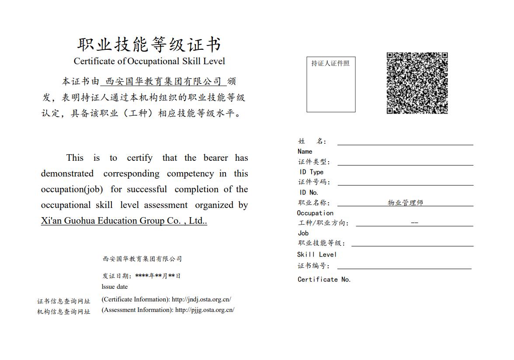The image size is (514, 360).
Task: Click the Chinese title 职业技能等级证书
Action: pyautogui.click(x=149, y=45)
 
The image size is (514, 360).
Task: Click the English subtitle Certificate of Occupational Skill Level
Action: pyautogui.click(x=149, y=61)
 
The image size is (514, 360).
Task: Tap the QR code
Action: pyautogui.click(x=417, y=83)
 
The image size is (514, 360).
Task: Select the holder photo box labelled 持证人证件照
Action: pyautogui.click(x=331, y=84)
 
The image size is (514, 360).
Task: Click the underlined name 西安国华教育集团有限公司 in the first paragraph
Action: pyautogui.click(x=163, y=82)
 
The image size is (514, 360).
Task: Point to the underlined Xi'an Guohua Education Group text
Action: pyautogui.click(x=124, y=221)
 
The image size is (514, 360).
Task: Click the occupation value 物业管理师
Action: pyautogui.click(x=405, y=203)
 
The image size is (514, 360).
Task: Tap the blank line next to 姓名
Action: pyautogui.click(x=405, y=142)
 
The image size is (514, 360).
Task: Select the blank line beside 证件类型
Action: pyautogui.click(x=405, y=163)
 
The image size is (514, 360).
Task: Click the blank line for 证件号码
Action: pyautogui.click(x=405, y=183)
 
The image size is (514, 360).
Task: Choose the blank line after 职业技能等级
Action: pyautogui.click(x=412, y=244)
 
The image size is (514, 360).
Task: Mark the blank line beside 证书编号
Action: pyautogui.click(x=404, y=267)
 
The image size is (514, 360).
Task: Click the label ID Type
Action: pyautogui.click(x=311, y=172)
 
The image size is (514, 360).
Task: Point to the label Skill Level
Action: pyautogui.click(x=317, y=254)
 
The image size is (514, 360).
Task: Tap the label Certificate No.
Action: pyautogui.click(x=324, y=280)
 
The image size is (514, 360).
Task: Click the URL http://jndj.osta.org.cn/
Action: pyautogui.click(x=201, y=300)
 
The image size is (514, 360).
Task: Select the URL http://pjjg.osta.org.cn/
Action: pyautogui.click(x=205, y=310)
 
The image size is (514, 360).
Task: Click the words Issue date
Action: pyautogui.click(x=115, y=287)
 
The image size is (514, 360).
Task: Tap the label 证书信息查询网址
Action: pyautogui.click(x=64, y=301)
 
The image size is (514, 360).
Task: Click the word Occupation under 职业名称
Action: pyautogui.click(x=315, y=213)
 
